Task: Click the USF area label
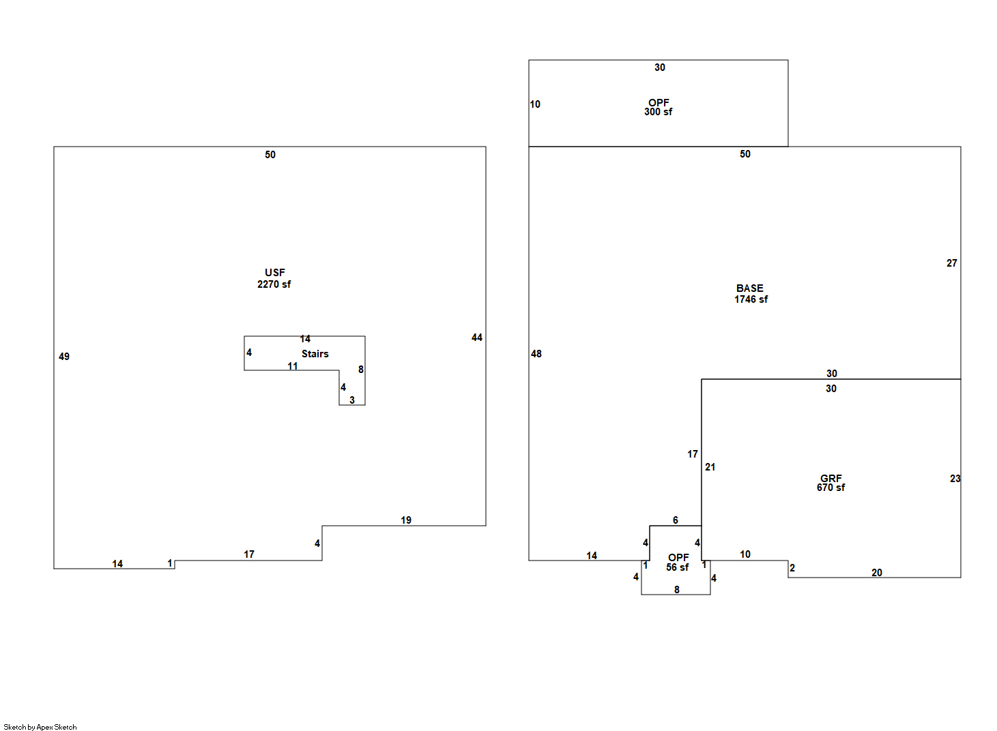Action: [275, 273]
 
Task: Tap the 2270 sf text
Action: [274, 284]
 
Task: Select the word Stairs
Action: [315, 354]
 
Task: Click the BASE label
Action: [750, 288]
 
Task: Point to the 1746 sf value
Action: [751, 299]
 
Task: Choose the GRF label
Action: [831, 478]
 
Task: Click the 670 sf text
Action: [830, 488]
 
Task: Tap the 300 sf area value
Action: [658, 112]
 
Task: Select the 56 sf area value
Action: [678, 567]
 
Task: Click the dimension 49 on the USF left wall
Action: [64, 357]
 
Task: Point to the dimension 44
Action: [477, 338]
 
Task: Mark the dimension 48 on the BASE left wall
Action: [536, 354]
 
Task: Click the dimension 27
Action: [952, 263]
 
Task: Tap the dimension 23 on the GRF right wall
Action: [955, 479]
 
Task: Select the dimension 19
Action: [406, 520]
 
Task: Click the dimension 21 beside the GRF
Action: [710, 467]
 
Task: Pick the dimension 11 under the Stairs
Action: [293, 366]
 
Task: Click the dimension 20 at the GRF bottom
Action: [877, 573]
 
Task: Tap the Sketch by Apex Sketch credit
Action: [40, 727]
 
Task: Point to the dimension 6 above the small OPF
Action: [676, 520]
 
